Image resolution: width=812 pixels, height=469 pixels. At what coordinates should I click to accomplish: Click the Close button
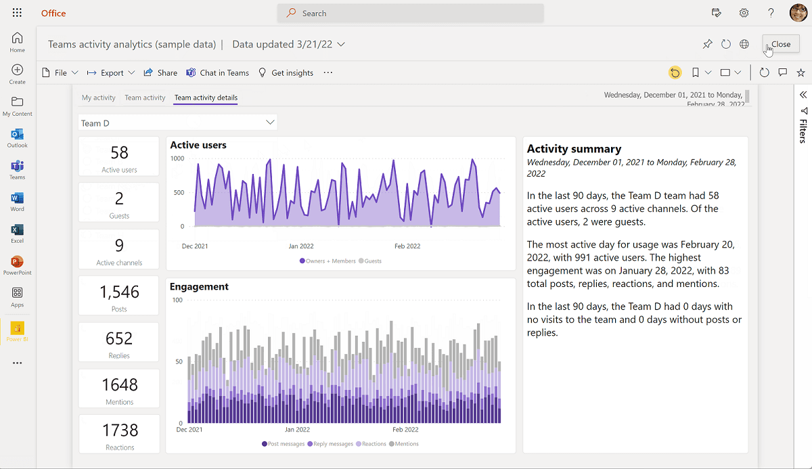coord(780,44)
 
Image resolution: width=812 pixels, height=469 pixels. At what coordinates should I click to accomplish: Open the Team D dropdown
coord(177,122)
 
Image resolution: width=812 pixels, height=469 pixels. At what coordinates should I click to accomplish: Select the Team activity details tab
coord(206,97)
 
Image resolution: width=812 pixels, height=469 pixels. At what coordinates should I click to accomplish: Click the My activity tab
coord(99,97)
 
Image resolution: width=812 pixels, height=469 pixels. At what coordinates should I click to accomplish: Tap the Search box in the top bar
coord(410,13)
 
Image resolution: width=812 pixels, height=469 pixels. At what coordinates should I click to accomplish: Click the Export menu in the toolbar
coord(111,72)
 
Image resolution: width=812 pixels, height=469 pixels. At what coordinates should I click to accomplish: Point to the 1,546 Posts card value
coord(119,292)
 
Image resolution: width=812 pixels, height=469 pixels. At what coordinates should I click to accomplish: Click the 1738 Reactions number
coord(120,430)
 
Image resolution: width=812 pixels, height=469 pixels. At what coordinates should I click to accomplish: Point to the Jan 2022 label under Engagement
coord(297,429)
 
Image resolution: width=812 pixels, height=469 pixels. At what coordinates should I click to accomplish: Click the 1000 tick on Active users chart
coord(177,158)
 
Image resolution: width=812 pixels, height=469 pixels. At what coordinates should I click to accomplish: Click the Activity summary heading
coord(574,149)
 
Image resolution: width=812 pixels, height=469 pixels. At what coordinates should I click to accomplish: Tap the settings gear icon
coord(744,13)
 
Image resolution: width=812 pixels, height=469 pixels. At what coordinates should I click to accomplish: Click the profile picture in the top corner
coord(798,13)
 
